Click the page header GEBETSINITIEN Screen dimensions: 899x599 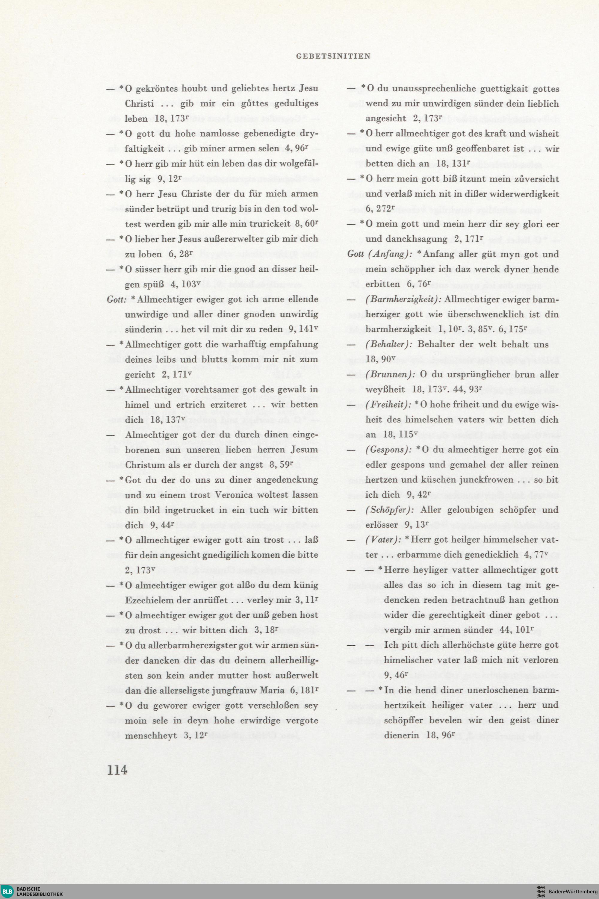coord(333,56)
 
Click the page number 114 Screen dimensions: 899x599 coord(117,770)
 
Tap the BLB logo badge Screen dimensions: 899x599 coord(7,891)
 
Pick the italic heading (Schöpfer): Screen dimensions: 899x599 coord(390,510)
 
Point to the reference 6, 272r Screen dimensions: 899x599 coord(380,209)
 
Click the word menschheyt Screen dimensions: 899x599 coord(151,735)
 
